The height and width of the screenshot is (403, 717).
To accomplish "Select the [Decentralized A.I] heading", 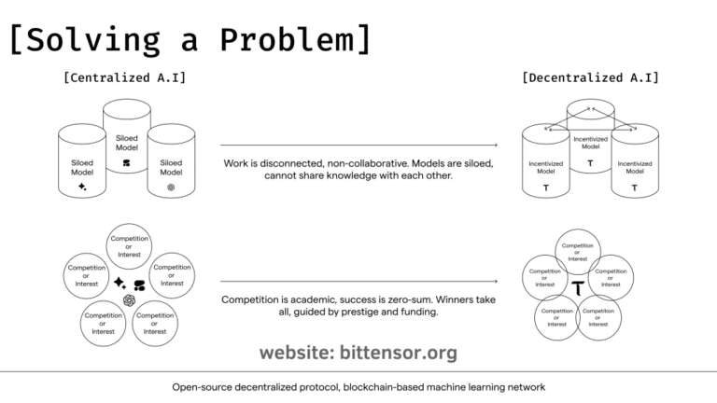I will (x=590, y=77).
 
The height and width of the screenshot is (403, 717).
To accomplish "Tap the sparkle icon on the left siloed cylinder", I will (x=82, y=187).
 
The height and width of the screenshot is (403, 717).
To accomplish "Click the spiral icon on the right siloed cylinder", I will (x=171, y=187).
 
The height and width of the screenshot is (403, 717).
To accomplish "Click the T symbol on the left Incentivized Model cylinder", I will (x=546, y=188).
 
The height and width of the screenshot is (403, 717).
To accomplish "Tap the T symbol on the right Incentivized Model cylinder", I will (x=635, y=188).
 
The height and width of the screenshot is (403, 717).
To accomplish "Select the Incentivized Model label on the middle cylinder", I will (x=590, y=142).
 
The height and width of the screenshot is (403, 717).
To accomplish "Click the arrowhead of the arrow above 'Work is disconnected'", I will (x=495, y=145).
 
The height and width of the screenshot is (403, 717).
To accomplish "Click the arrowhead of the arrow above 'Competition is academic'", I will (x=495, y=281).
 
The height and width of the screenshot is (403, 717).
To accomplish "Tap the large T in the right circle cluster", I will (x=579, y=287).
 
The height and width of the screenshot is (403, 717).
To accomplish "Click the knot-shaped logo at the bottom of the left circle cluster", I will (x=128, y=299).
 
